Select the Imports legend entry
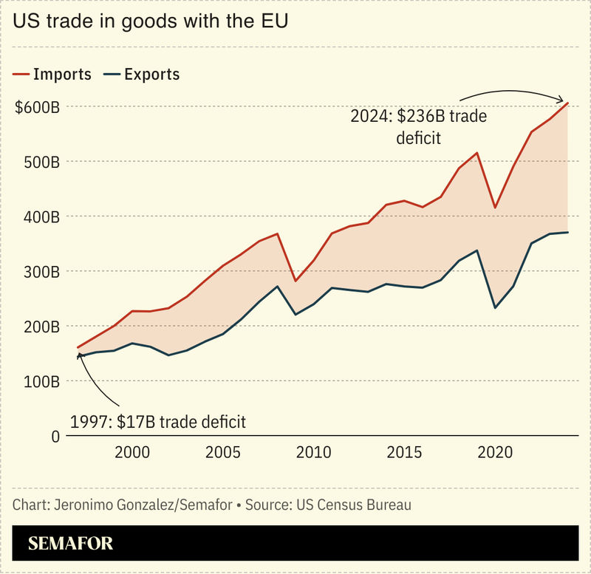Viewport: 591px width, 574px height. pos(52,74)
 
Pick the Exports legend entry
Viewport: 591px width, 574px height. pos(141,74)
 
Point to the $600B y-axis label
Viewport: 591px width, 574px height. pos(37,106)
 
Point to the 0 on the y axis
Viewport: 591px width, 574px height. pos(55,436)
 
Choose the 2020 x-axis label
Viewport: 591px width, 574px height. pos(493,452)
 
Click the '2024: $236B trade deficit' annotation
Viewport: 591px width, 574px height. pos(419,126)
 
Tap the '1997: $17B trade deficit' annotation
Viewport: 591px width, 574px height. pos(158,422)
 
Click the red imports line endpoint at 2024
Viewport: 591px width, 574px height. pos(567,103)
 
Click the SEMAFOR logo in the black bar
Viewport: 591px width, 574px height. pos(71,544)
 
